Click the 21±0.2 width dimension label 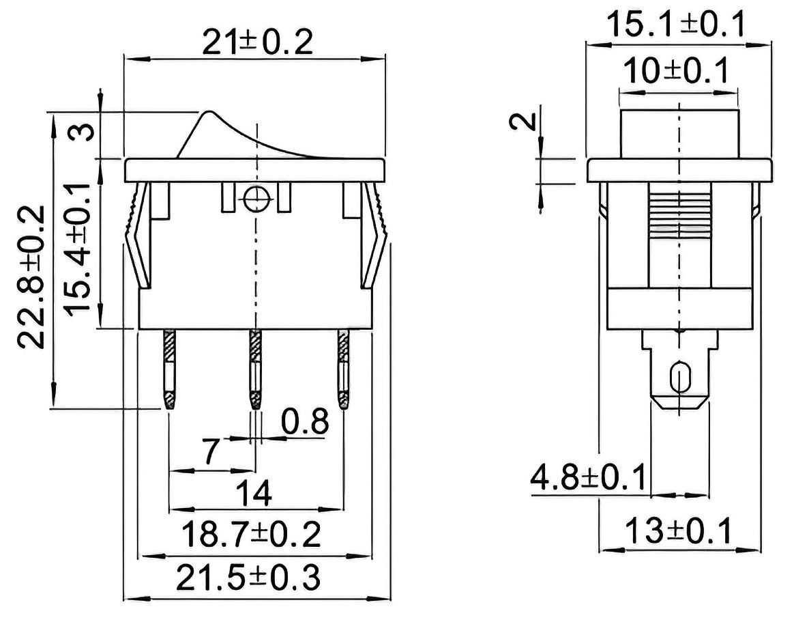[257, 42]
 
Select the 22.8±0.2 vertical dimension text [31, 277]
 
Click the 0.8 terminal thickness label [305, 421]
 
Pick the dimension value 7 [214, 452]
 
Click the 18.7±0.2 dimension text [252, 534]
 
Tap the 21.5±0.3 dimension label [248, 578]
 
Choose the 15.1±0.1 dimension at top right [676, 25]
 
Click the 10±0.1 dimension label [675, 70]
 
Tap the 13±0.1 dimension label [679, 531]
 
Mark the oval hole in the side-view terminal [678, 378]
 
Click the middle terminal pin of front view [255, 369]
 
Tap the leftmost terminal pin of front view [169, 369]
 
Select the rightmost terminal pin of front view [344, 369]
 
